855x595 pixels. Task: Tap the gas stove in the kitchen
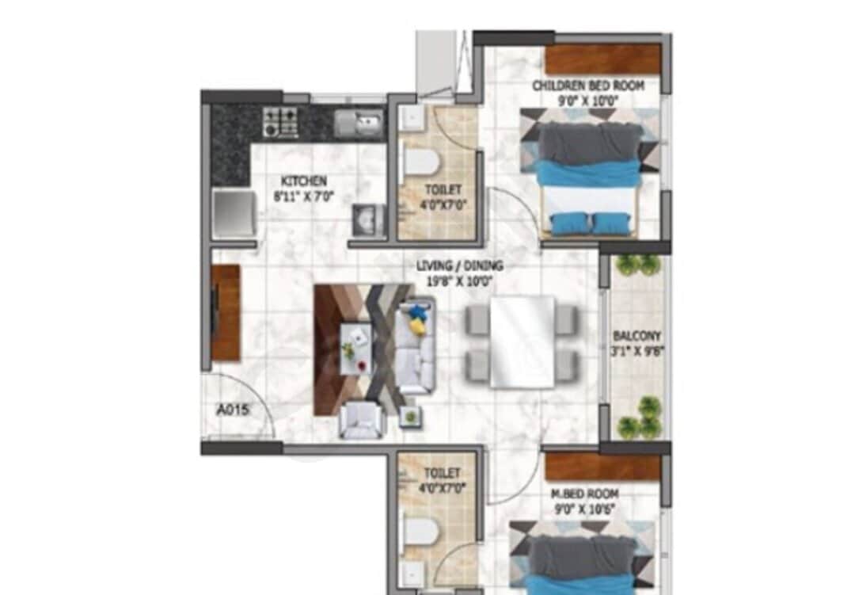tap(280, 121)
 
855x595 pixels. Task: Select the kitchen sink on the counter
tap(358, 122)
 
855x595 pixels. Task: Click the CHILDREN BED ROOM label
tap(588, 86)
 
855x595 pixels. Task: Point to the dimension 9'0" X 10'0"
tap(588, 100)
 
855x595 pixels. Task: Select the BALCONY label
tap(636, 336)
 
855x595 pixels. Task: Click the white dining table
tap(522, 341)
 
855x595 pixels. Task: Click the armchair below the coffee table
tap(362, 420)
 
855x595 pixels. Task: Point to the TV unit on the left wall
tap(226, 312)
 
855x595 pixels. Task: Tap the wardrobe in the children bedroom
tap(602, 59)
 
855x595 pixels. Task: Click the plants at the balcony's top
tap(638, 265)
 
